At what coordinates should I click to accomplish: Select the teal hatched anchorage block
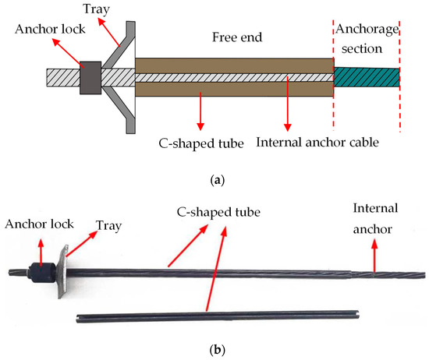[367, 77]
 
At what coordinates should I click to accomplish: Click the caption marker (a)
[214, 178]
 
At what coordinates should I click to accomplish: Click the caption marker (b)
[214, 348]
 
